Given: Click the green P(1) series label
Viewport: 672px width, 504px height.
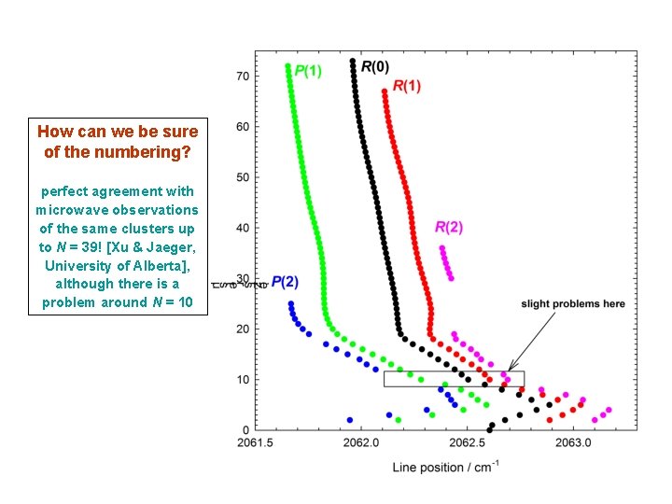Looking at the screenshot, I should [x=310, y=70].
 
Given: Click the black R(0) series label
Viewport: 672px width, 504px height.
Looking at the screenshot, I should [x=375, y=65].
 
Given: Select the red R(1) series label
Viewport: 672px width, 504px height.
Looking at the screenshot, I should [x=406, y=86].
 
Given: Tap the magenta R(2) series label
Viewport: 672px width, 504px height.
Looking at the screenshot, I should [x=449, y=227].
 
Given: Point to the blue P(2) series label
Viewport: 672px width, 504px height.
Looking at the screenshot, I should [x=285, y=281].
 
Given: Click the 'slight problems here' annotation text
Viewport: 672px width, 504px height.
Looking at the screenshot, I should [x=572, y=304].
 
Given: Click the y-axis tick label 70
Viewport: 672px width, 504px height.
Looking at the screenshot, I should [x=241, y=76].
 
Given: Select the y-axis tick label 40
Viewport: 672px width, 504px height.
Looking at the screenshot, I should [x=241, y=228].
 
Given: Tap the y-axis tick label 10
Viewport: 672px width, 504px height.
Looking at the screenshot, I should [x=241, y=380].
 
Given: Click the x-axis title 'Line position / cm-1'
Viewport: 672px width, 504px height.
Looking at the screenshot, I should [x=445, y=466].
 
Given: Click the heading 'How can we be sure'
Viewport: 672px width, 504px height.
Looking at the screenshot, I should [x=117, y=133].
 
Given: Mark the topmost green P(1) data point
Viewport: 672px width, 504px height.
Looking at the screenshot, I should [x=287, y=66].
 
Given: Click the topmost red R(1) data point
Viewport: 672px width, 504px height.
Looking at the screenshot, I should [x=385, y=91].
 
